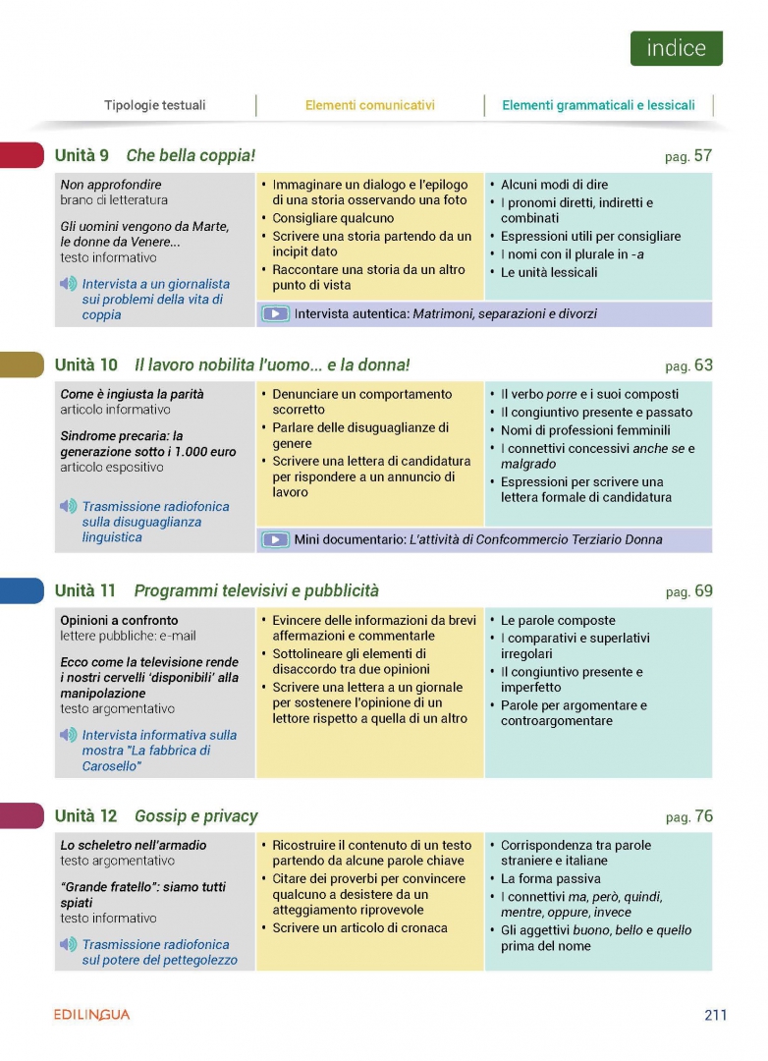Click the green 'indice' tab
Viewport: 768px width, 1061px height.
click(676, 48)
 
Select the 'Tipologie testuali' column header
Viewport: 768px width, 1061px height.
click(155, 105)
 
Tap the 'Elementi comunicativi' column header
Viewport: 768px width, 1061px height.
click(369, 105)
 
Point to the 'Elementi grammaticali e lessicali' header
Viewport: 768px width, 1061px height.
click(598, 105)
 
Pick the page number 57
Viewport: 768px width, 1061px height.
click(702, 155)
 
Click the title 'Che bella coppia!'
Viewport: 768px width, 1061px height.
click(191, 155)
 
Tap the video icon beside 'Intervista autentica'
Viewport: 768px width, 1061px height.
click(276, 314)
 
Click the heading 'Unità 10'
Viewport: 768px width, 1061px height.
click(85, 365)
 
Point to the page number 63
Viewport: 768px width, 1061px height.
click(702, 365)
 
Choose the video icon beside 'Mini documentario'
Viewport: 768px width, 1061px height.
click(276, 539)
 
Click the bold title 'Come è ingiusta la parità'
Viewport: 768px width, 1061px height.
click(132, 394)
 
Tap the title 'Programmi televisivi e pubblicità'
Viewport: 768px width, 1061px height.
click(255, 591)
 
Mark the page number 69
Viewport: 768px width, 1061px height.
click(702, 591)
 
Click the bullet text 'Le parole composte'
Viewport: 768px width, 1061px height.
click(558, 621)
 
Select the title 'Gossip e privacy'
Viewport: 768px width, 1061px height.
click(195, 816)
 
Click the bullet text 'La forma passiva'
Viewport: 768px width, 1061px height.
click(551, 879)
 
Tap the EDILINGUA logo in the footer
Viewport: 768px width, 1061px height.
click(91, 1015)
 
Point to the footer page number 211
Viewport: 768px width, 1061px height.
click(715, 1015)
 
